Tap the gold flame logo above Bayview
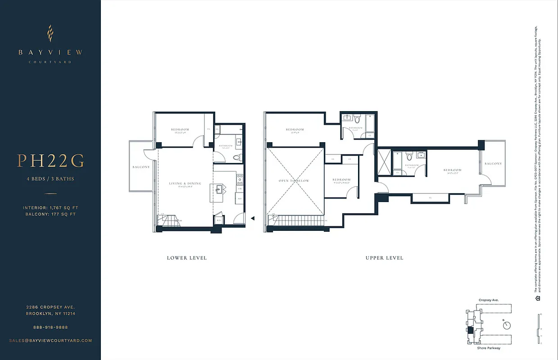[50, 33]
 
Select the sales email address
[50, 341]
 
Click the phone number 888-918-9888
[50, 327]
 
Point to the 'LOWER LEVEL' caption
[186, 258]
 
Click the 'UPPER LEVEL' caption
[384, 258]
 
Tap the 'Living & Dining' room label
[185, 184]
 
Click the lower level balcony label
[141, 167]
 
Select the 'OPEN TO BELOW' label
[294, 181]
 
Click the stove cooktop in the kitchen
[240, 180]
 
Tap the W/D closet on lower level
[218, 220]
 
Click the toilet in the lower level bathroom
[239, 157]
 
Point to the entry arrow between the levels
[253, 218]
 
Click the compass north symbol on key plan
[508, 325]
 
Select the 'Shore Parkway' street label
[488, 348]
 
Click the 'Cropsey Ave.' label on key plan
[488, 300]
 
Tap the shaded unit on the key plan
[471, 330]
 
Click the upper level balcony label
[493, 163]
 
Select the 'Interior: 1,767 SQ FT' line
[50, 207]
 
